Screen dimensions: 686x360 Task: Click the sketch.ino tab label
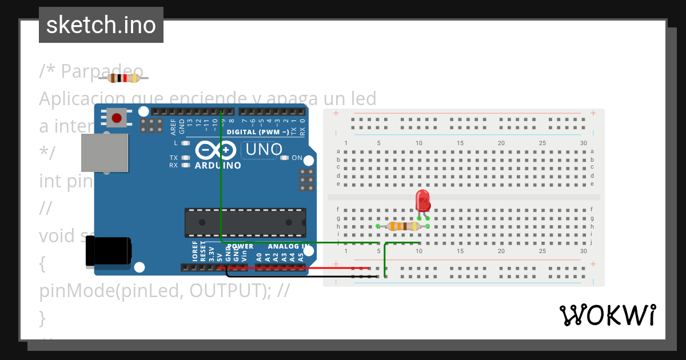[x=101, y=25]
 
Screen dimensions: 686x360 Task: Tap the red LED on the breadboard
[x=423, y=201]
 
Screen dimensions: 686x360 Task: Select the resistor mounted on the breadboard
[x=402, y=226]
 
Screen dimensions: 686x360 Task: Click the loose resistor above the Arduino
[x=123, y=78]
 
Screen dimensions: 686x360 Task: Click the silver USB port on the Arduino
[x=104, y=153]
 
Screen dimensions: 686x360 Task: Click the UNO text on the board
[x=264, y=150]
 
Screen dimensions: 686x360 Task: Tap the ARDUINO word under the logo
[x=218, y=166]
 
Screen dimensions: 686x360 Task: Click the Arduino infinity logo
[x=216, y=150]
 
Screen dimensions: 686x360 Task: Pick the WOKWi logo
[x=607, y=315]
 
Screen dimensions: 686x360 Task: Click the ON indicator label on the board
[x=297, y=158]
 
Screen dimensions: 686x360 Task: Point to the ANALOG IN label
[x=288, y=247]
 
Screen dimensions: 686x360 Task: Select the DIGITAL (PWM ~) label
[x=258, y=132]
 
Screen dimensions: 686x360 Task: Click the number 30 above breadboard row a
[x=583, y=143]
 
